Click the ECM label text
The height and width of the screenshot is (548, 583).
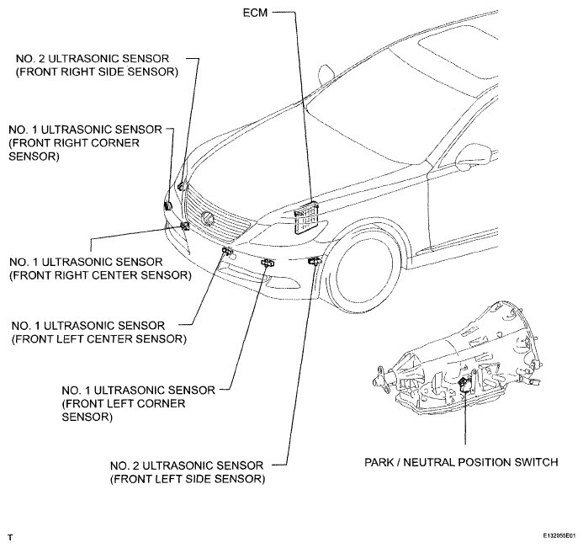pyautogui.click(x=255, y=13)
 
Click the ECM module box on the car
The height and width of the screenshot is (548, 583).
pyautogui.click(x=307, y=218)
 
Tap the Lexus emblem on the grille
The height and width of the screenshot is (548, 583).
pyautogui.click(x=208, y=218)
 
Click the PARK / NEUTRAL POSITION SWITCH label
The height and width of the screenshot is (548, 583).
pyautogui.click(x=461, y=462)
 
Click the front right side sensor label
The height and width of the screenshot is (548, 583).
pyautogui.click(x=97, y=65)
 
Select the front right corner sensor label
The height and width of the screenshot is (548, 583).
pyautogui.click(x=85, y=143)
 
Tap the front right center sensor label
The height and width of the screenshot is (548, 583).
pyautogui.click(x=100, y=269)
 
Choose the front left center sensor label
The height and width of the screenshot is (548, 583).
pyautogui.click(x=99, y=333)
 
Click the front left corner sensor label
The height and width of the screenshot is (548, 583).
pyautogui.click(x=138, y=403)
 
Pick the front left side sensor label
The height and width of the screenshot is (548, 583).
pyautogui.click(x=188, y=472)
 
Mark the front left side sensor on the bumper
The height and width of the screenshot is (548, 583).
pyautogui.click(x=314, y=261)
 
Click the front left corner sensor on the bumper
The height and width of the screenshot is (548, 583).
pyautogui.click(x=268, y=263)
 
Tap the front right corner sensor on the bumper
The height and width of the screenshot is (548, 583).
pyautogui.click(x=167, y=205)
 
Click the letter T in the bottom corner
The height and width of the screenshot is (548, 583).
pyautogui.click(x=10, y=538)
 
